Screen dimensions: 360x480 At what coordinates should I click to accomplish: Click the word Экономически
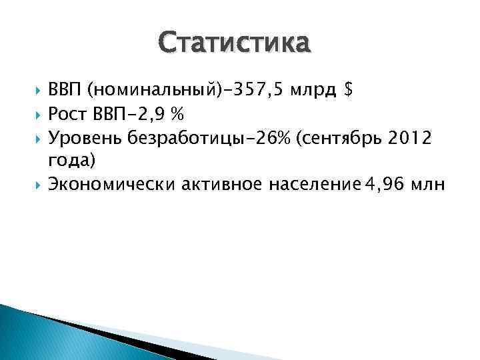pos(111,185)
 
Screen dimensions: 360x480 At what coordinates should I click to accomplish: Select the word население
pos(309,185)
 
